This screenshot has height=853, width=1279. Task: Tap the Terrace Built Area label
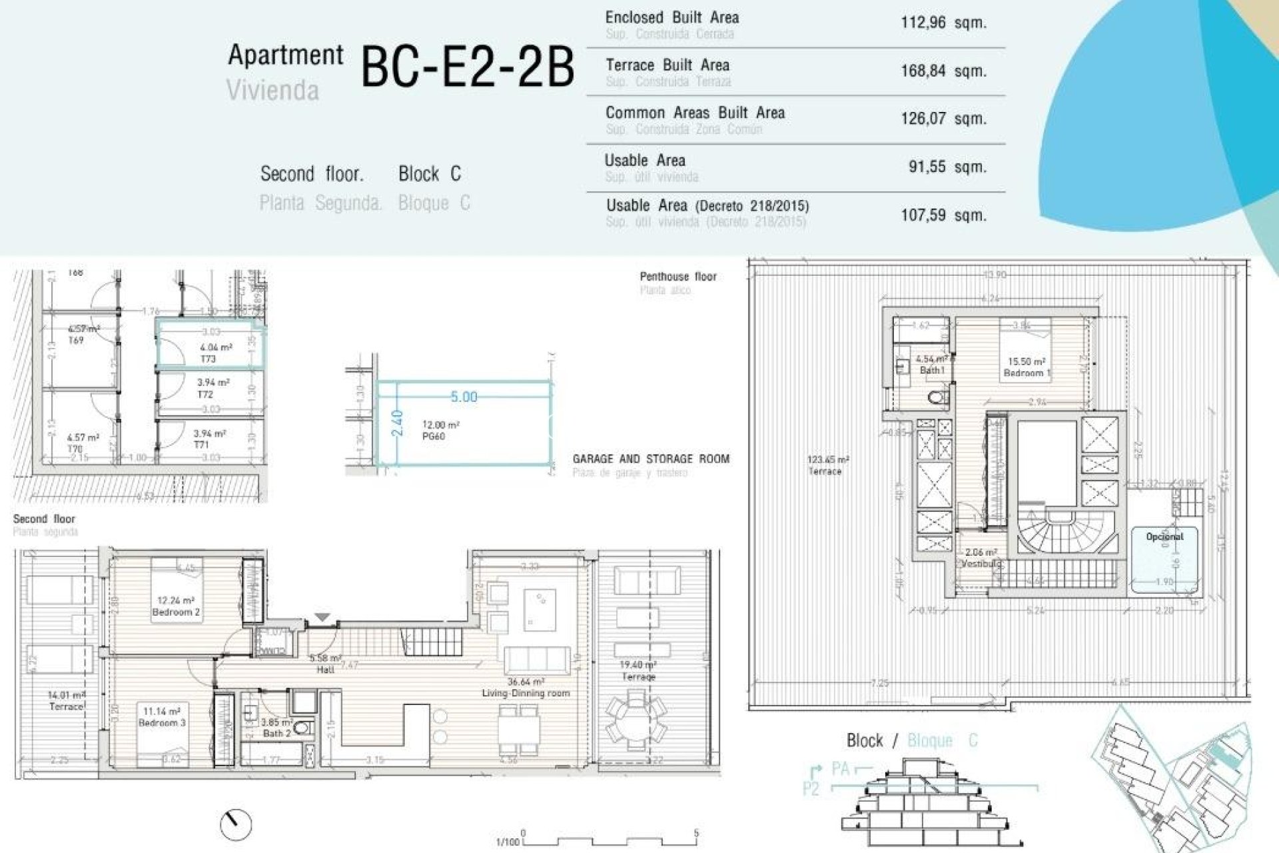tap(667, 65)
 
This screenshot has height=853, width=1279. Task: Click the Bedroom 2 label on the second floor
tap(176, 612)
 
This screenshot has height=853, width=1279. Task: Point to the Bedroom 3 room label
tap(162, 722)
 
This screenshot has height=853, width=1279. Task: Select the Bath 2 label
tap(276, 733)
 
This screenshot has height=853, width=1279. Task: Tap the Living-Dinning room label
tap(526, 693)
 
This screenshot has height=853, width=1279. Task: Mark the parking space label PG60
tap(433, 436)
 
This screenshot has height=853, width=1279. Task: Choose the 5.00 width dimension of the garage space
tap(464, 397)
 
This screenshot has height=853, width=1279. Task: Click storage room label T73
tap(209, 359)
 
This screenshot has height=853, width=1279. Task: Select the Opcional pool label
tap(1164, 536)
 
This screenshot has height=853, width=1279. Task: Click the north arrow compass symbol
tap(236, 825)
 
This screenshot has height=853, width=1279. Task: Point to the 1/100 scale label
tap(508, 842)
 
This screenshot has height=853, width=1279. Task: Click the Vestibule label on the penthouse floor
tap(981, 564)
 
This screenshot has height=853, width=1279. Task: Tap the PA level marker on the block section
tap(840, 769)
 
